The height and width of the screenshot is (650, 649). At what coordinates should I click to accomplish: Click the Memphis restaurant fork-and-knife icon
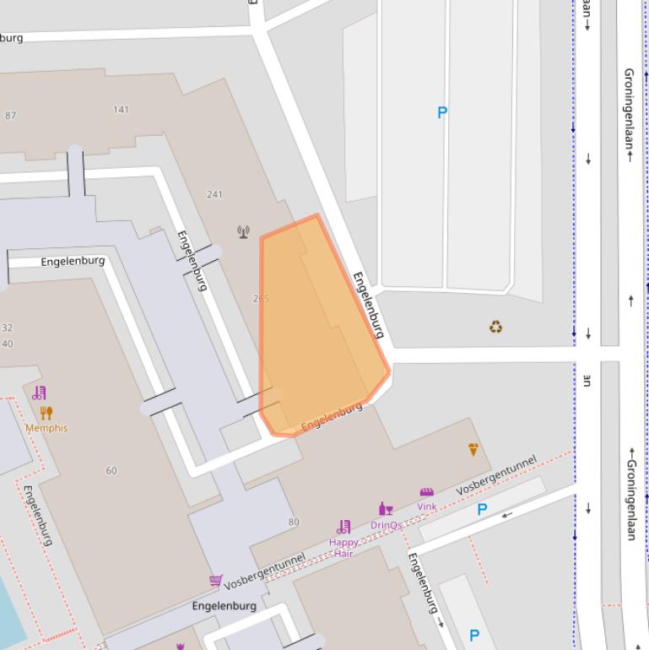pos(46,413)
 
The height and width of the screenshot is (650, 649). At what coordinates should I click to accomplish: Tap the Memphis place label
pos(46,428)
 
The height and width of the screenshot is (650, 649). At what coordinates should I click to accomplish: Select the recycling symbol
pos(496,326)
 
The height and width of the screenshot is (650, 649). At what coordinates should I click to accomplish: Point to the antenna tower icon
pos(244,231)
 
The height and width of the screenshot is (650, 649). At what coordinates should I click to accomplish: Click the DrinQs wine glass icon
pos(386,509)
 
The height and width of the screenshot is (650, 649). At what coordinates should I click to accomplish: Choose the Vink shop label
pos(427,506)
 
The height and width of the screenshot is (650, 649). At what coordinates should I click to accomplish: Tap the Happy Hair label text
pos(343,548)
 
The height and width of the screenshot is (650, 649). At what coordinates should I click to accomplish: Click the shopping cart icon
pos(215,580)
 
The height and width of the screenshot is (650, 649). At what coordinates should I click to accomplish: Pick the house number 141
pos(121,110)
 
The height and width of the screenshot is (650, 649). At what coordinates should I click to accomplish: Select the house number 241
pos(214,194)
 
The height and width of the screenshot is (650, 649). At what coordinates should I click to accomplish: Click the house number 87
pos(10,116)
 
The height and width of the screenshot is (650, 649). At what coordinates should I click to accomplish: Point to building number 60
pos(111,470)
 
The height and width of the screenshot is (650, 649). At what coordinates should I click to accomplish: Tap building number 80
pos(294,522)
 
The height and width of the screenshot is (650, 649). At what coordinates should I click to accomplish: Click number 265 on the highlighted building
pos(261,298)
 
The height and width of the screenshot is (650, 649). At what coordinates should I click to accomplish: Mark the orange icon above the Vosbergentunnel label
pos(473,450)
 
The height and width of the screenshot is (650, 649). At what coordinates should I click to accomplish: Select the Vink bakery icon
pos(427,492)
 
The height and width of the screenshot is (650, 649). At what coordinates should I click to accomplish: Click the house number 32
pos(7,328)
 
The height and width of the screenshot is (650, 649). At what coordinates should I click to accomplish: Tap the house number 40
pos(7,344)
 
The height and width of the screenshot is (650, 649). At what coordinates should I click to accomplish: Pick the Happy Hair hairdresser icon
pos(343,527)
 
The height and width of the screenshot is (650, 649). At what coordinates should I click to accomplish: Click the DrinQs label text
pos(386,525)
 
